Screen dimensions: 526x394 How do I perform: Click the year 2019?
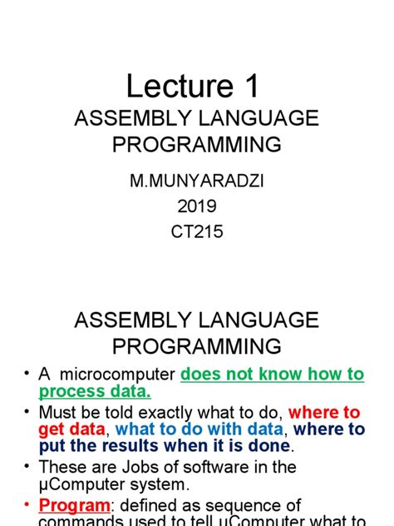point(197,207)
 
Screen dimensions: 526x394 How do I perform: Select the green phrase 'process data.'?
point(94,392)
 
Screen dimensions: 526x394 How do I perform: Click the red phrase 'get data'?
point(71,430)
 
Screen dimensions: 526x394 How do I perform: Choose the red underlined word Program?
point(74,506)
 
